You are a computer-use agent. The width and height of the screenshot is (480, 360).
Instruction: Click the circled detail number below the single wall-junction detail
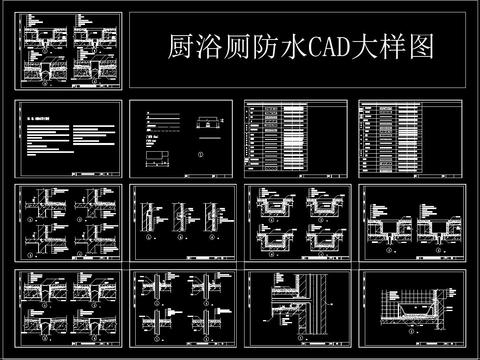click(x=284, y=345)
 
